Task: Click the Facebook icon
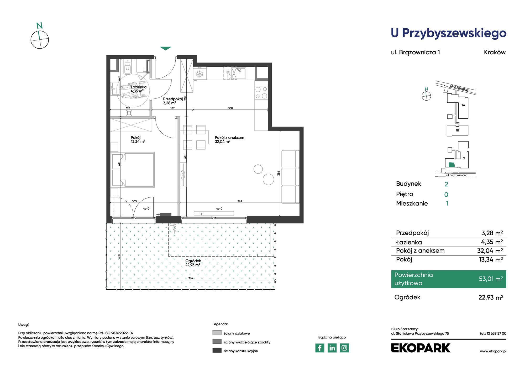[320, 348]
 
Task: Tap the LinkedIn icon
[332, 348]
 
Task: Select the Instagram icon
[344, 348]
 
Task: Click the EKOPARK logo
[421, 348]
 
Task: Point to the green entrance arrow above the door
[166, 49]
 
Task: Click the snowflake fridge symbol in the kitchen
[200, 74]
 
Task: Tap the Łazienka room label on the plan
[139, 87]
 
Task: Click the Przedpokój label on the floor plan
[173, 99]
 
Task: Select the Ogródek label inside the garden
[193, 261]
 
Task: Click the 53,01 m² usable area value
[491, 279]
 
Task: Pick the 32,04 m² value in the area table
[490, 251]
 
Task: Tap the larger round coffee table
[268, 179]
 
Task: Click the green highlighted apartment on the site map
[451, 165]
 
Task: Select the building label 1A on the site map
[463, 105]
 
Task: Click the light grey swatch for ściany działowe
[217, 333]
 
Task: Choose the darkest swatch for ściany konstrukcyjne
[217, 350]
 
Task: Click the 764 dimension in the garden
[191, 278]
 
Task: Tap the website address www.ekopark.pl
[493, 351]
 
